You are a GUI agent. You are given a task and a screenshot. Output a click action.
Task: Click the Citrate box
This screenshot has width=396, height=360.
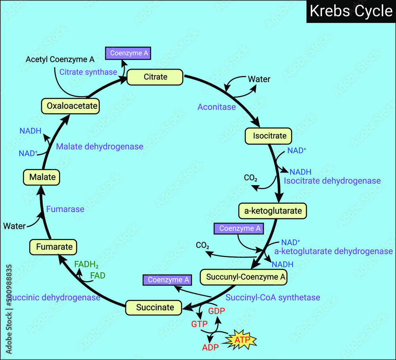155,77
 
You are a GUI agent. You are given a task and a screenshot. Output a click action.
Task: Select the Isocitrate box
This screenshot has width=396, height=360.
269,136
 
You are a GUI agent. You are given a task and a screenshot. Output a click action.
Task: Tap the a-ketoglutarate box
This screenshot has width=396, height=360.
273,211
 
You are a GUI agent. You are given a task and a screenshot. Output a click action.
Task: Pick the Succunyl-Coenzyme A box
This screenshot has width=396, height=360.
243,277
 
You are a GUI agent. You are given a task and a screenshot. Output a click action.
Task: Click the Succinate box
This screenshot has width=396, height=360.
155,307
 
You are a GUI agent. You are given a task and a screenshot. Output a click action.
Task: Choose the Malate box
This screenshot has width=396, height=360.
42,177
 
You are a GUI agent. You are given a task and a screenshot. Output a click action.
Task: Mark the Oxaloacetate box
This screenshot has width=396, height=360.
70,106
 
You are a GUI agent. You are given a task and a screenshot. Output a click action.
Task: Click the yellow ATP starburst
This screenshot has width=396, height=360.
242,339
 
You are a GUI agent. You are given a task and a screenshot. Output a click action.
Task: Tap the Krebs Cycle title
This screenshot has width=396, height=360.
351,11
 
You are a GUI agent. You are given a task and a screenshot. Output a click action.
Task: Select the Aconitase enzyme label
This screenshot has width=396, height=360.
217,107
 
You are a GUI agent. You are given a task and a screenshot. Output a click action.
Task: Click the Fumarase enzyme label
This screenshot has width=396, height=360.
65,209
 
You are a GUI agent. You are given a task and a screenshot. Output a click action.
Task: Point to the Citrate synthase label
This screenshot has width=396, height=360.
88,72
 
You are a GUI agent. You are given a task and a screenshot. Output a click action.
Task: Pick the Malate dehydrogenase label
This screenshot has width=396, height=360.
99,146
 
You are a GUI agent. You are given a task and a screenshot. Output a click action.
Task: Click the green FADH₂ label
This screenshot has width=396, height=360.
86,265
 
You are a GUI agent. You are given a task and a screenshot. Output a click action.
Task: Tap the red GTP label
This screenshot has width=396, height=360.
200,324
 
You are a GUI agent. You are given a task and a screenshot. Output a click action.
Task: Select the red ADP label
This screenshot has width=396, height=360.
211,348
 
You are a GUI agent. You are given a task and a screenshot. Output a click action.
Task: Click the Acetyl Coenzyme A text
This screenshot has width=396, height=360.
60,59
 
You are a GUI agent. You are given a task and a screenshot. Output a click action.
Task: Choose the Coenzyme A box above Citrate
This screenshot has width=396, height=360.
128,53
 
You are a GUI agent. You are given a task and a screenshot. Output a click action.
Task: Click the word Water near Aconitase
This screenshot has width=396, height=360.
259,79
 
